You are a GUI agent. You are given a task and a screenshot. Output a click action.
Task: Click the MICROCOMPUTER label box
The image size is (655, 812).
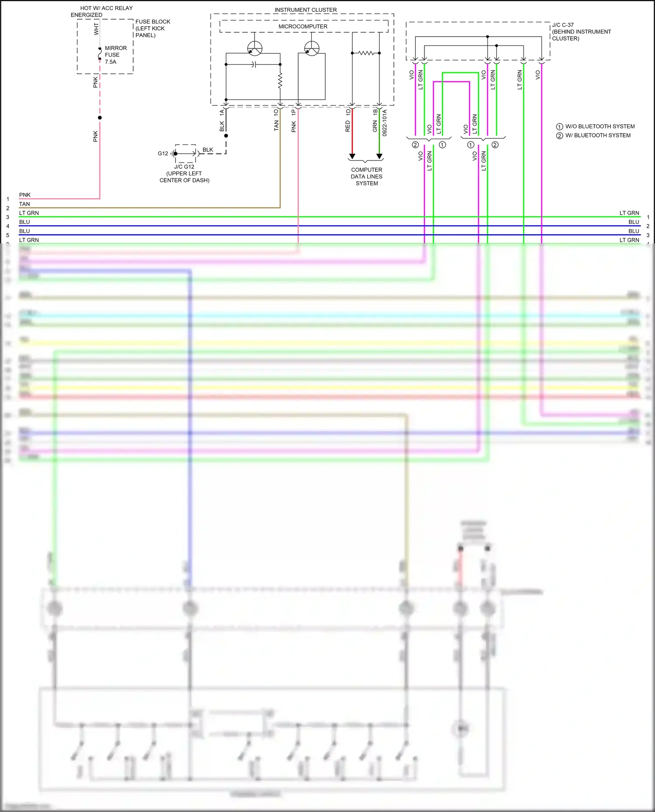tap(303, 27)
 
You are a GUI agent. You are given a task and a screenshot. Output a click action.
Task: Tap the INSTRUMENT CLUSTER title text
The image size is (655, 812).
tap(305, 10)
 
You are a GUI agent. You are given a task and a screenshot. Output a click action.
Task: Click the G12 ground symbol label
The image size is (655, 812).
tap(163, 154)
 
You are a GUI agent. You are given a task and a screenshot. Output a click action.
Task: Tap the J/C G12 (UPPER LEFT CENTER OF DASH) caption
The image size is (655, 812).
tap(184, 173)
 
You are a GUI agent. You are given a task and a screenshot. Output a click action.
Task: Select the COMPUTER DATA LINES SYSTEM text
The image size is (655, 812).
tap(366, 176)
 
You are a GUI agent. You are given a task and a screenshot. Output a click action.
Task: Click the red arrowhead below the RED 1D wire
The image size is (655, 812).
tap(352, 156)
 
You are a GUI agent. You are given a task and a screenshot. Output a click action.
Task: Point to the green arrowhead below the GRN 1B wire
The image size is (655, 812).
tap(379, 156)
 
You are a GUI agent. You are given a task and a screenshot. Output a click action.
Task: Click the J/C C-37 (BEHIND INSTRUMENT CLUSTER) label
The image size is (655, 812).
tap(581, 32)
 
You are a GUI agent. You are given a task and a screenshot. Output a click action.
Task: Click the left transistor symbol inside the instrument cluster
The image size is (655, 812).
tap(255, 48)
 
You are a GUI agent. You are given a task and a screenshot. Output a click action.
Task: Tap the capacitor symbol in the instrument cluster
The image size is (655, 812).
tap(254, 65)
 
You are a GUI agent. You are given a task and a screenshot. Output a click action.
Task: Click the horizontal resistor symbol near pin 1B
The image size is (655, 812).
tap(366, 53)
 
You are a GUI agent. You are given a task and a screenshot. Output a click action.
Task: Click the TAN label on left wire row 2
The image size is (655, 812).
tap(24, 204)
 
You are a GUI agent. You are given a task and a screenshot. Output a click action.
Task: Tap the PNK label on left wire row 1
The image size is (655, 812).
tap(25, 195)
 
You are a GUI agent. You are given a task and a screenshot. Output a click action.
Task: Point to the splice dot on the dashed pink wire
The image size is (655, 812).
tap(100, 118)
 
